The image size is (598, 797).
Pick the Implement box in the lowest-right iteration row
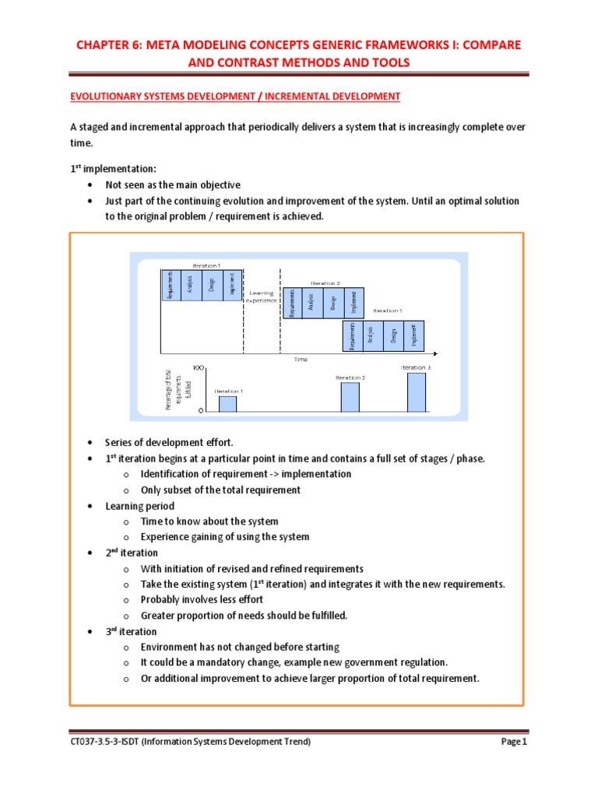(415, 334)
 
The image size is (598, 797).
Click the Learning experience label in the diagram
(262, 297)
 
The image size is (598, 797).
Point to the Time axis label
(301, 360)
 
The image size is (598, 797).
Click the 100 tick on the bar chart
(199, 367)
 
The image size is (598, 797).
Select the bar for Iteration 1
(227, 403)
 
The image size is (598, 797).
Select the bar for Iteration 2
(350, 396)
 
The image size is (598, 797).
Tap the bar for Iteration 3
(417, 391)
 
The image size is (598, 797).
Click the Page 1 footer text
(513, 743)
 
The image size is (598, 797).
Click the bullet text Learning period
(139, 506)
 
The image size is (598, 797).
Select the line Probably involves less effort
(202, 599)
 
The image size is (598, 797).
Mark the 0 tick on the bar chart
(201, 409)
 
